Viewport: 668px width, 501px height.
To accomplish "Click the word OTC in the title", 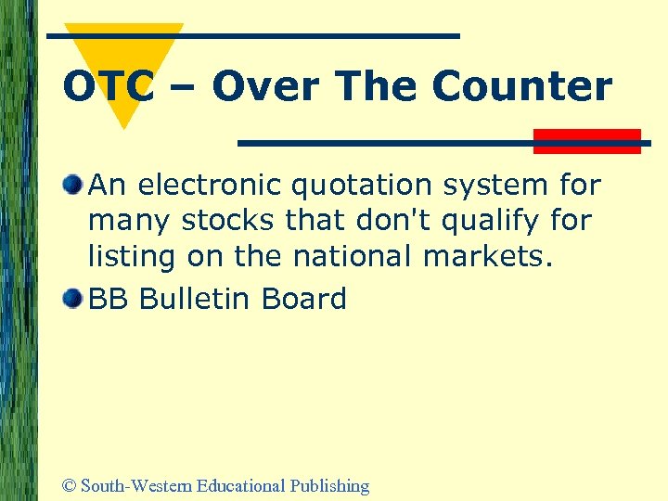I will pyautogui.click(x=108, y=87).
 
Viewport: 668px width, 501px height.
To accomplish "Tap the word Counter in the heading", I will pyautogui.click(x=522, y=87).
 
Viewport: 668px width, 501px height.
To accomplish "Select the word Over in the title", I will pyautogui.click(x=268, y=87).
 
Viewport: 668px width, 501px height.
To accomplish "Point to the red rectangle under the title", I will pyautogui.click(x=587, y=141).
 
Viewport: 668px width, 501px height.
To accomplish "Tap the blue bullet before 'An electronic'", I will pyautogui.click(x=73, y=185).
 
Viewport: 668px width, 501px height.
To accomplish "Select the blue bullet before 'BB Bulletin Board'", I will pyautogui.click(x=73, y=298).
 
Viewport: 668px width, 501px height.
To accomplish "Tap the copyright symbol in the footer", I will pyautogui.click(x=68, y=485).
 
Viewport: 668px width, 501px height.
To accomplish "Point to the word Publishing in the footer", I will pyautogui.click(x=329, y=485).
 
